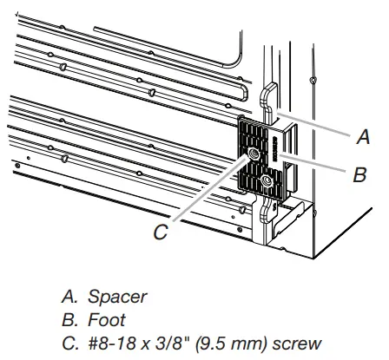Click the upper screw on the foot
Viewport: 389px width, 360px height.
(254, 153)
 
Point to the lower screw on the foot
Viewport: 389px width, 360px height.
(266, 180)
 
